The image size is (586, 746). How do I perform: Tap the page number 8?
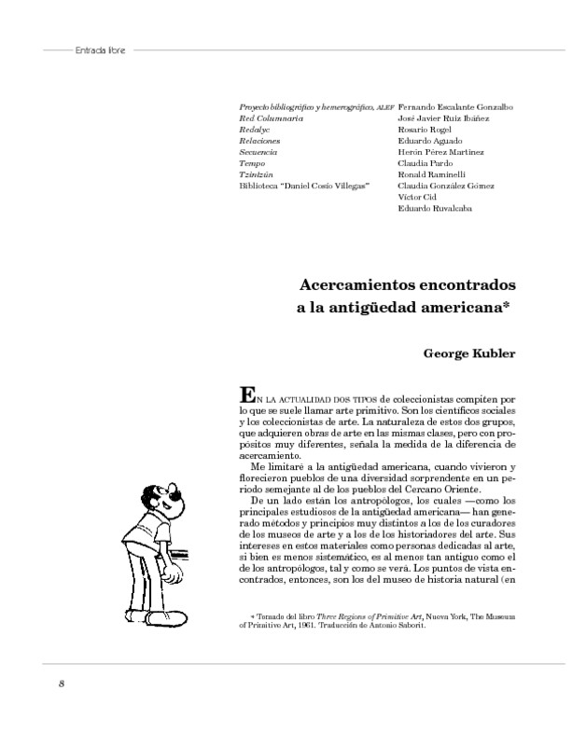click(x=62, y=684)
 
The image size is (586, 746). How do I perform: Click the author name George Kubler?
click(x=469, y=353)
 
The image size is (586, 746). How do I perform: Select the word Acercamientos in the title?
click(x=356, y=283)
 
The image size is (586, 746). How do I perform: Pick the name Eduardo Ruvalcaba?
click(x=434, y=208)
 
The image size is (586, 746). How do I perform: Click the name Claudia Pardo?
click(x=425, y=163)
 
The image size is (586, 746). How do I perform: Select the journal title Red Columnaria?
click(x=272, y=118)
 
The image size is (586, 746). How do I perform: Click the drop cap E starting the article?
click(x=247, y=394)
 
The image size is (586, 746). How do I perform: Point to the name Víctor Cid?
click(x=418, y=197)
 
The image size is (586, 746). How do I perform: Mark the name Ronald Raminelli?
click(x=432, y=174)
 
